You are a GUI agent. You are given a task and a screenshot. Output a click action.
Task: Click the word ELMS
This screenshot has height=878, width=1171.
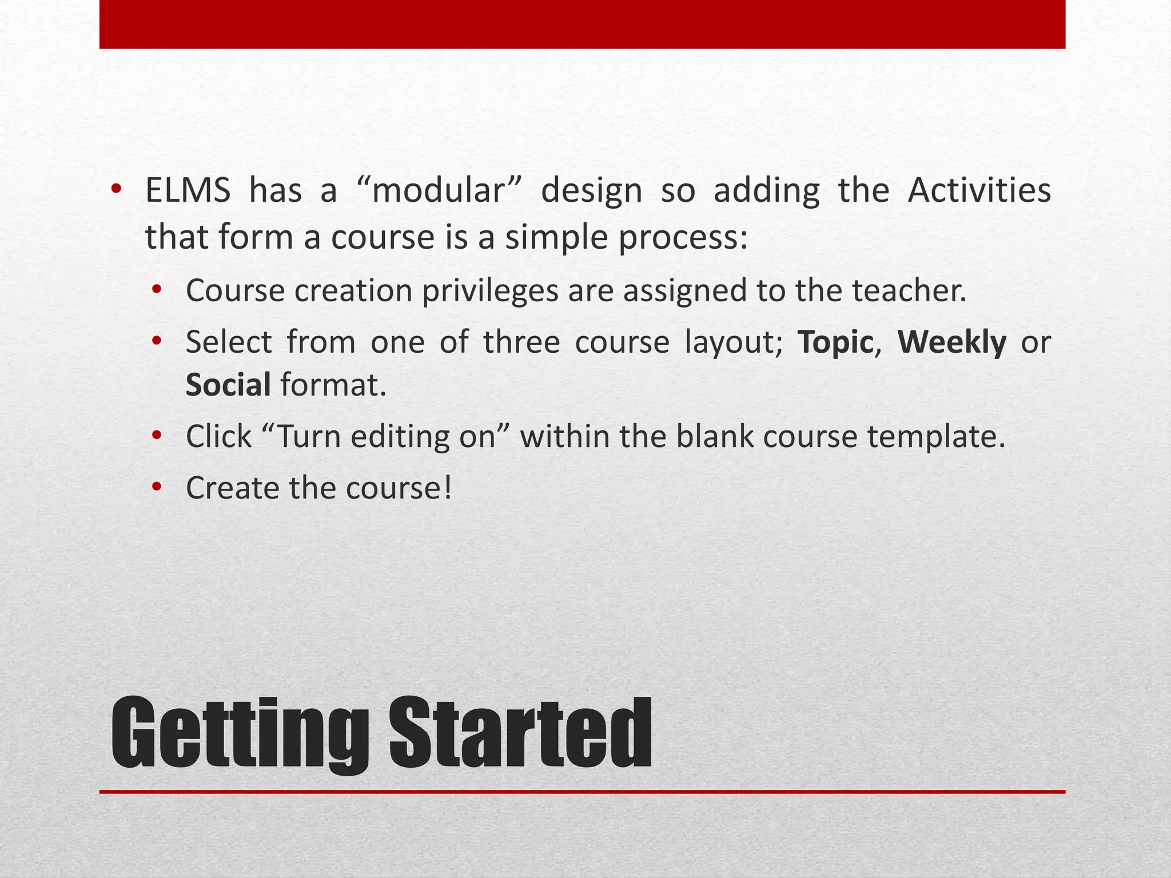188,190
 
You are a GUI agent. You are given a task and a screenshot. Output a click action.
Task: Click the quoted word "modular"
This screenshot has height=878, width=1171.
439,190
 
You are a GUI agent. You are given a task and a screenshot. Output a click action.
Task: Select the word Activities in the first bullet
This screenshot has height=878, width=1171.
979,190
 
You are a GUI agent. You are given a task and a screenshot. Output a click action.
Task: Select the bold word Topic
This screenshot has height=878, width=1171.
835,342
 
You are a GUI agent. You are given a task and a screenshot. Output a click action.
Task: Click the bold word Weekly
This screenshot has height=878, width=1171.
951,342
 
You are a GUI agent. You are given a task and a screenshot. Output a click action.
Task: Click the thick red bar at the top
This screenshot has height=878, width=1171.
582,24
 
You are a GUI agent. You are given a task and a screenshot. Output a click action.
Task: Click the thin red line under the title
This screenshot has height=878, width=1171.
582,792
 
